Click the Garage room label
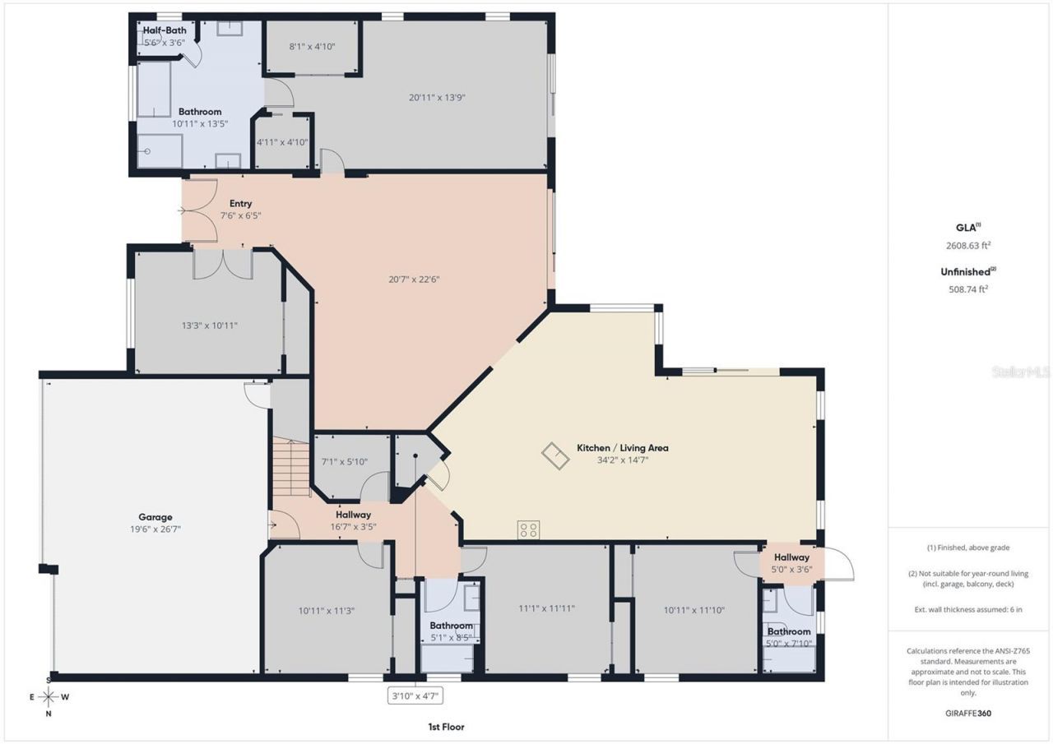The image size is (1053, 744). click(155, 517)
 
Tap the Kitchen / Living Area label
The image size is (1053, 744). click(622, 448)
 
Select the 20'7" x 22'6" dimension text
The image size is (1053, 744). click(414, 279)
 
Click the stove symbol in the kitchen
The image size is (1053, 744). click(528, 530)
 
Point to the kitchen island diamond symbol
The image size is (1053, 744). click(554, 455)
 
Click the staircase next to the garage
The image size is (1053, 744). click(290, 466)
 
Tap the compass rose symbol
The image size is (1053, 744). click(49, 697)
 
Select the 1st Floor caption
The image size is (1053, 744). click(445, 727)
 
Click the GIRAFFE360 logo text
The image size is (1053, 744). click(967, 714)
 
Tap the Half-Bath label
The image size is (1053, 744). click(165, 30)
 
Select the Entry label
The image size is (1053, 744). click(240, 204)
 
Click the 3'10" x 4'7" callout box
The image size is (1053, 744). click(416, 696)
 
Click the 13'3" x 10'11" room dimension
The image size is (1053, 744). click(209, 326)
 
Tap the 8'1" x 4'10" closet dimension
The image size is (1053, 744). click(310, 47)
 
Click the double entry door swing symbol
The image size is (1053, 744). click(200, 210)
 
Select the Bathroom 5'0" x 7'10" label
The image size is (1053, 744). click(789, 637)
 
